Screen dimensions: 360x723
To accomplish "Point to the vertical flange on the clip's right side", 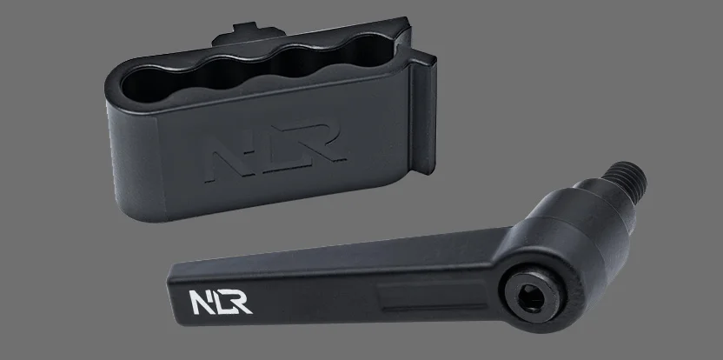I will (x=423, y=113).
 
